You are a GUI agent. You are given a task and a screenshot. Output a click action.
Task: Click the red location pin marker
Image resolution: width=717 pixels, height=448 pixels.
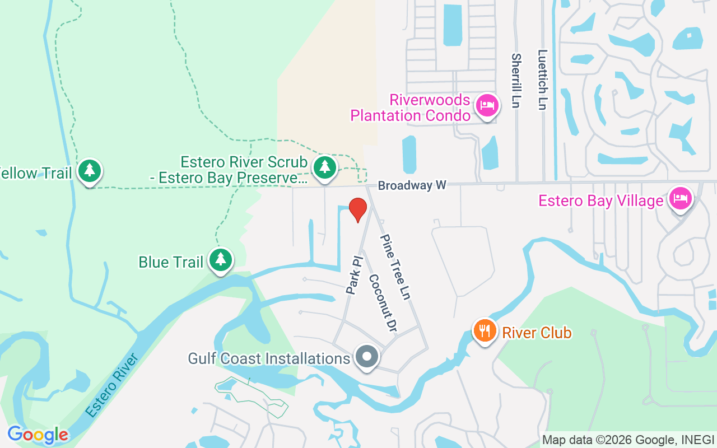tap(358, 209)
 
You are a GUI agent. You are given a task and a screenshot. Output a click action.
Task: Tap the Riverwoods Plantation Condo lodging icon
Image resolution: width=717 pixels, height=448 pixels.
tap(487, 105)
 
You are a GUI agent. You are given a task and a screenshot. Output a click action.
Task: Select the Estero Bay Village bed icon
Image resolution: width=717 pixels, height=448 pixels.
tap(681, 198)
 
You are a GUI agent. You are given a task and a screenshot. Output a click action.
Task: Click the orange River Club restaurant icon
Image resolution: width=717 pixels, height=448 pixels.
tap(485, 330)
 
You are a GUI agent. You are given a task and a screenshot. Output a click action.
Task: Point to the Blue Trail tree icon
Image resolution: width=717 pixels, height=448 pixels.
tap(221, 260)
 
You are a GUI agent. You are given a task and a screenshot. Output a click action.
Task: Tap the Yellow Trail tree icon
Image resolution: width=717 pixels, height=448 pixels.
tap(89, 171)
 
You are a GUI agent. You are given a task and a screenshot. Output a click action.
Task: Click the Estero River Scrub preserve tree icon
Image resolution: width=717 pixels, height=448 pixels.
tap(324, 167)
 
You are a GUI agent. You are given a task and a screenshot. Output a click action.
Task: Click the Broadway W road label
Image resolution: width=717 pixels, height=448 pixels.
tap(412, 185)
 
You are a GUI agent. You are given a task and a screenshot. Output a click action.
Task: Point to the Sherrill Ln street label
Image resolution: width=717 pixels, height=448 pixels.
tap(516, 80)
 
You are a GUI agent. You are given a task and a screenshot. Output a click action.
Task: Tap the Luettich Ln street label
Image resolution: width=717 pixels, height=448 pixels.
tap(542, 80)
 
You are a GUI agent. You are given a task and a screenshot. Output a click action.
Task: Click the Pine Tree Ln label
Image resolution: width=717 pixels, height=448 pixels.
tap(395, 267)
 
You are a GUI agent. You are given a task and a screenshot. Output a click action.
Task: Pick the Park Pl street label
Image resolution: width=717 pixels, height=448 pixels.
tap(355, 276)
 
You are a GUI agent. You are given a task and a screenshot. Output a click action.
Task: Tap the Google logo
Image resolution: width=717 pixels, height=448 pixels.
tap(38, 435)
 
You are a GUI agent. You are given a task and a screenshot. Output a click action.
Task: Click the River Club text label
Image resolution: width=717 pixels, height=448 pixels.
tap(537, 333)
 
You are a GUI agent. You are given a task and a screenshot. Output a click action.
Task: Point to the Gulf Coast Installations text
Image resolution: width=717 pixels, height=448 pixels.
tap(269, 358)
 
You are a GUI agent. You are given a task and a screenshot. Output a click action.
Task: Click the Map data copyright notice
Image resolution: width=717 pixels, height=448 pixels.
tap(628, 440)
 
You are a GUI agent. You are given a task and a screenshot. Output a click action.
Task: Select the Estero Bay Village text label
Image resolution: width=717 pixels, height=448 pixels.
tap(601, 200)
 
